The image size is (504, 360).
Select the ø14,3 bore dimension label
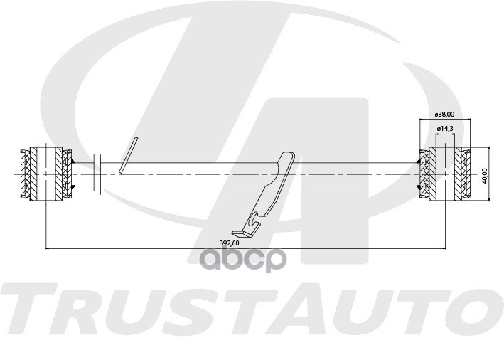coord(445,128)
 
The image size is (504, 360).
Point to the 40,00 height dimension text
coord(485,174)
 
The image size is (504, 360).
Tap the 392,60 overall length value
coord(229,243)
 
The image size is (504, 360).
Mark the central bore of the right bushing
coord(445,174)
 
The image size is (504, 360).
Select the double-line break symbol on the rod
coord(98,174)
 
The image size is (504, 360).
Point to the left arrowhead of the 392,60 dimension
coord(48,248)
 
